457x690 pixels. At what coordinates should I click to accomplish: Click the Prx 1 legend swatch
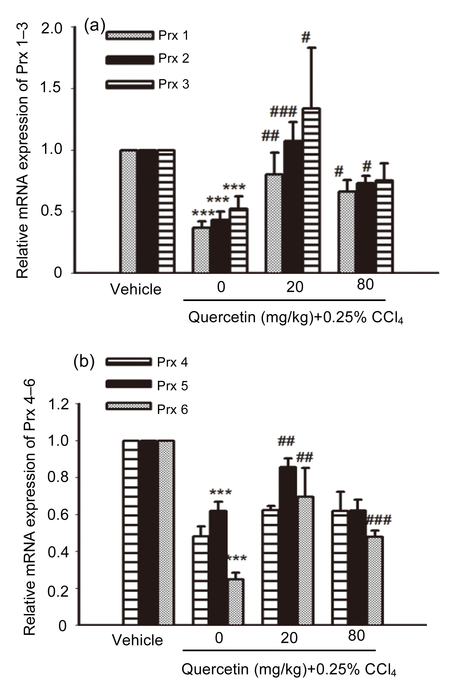click(x=130, y=35)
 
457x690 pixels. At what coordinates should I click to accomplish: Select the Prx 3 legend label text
click(x=174, y=84)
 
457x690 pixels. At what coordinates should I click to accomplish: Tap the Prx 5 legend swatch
click(x=129, y=384)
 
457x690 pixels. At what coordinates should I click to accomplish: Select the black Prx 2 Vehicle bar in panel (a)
click(x=147, y=212)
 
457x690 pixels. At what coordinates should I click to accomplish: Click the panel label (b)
click(x=84, y=362)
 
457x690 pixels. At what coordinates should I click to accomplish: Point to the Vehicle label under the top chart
click(x=136, y=290)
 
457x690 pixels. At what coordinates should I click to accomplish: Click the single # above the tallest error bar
click(x=305, y=37)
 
